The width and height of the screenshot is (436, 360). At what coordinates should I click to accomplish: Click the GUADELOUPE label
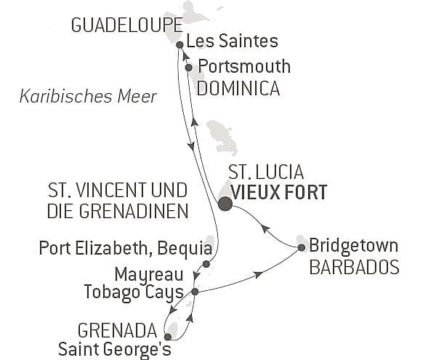[117, 25]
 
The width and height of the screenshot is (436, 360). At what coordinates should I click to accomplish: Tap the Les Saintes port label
[227, 41]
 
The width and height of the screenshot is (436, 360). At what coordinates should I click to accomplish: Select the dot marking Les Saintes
[179, 44]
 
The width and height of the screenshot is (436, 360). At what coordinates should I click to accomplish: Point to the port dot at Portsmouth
[189, 68]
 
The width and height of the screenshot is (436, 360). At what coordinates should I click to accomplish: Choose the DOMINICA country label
[238, 89]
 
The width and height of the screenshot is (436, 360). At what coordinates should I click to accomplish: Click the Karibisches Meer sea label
[89, 96]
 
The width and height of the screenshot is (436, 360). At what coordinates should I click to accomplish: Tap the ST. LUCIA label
[266, 172]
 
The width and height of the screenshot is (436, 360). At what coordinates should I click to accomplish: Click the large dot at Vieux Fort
[225, 204]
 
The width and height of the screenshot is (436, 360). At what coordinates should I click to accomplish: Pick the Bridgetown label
[353, 246]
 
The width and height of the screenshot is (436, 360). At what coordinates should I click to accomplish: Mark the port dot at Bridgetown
[302, 248]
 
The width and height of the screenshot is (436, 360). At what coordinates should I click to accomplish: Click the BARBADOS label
[354, 267]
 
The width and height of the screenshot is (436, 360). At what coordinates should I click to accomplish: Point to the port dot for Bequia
[206, 264]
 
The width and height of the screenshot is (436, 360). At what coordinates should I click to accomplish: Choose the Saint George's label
[115, 348]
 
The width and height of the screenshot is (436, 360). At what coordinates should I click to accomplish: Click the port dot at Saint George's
[168, 337]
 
